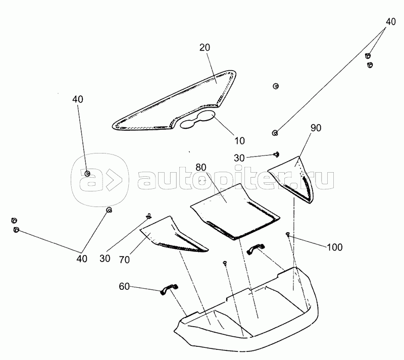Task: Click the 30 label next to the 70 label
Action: pyautogui.click(x=105, y=258)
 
